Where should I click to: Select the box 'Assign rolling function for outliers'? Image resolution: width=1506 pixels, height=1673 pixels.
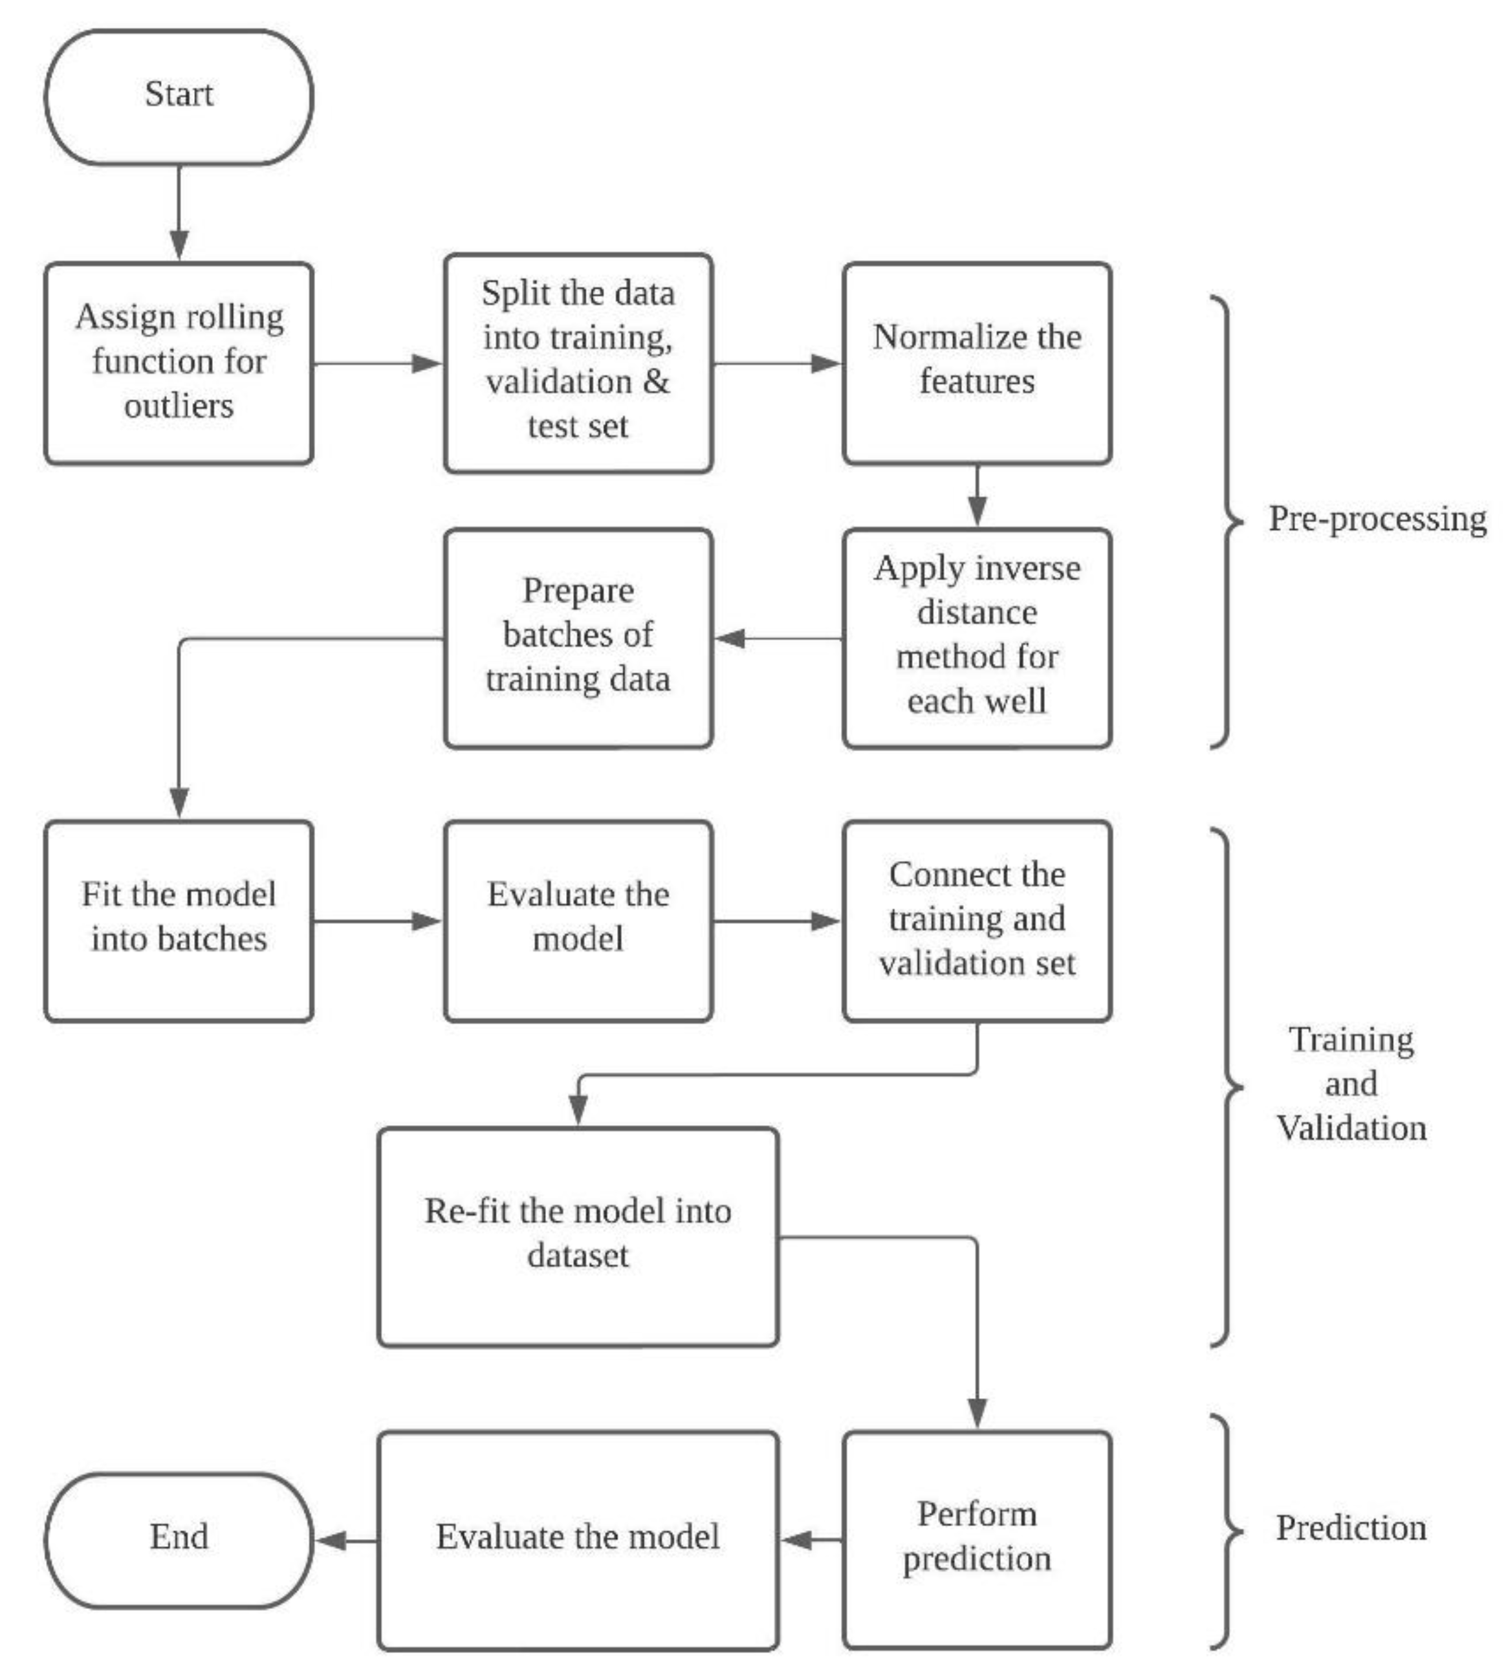(x=179, y=362)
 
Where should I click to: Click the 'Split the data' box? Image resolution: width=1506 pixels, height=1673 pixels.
(x=578, y=362)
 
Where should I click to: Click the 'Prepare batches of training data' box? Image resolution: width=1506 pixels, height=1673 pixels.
(x=578, y=637)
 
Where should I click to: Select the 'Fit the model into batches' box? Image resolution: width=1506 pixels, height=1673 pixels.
(x=179, y=919)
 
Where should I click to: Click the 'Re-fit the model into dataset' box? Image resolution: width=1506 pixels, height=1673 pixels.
(x=578, y=1234)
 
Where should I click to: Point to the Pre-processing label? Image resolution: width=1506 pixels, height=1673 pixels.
(x=1377, y=519)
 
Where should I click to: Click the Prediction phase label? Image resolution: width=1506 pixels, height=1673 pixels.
(x=1351, y=1528)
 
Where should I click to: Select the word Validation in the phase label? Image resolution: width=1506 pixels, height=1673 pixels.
(x=1351, y=1128)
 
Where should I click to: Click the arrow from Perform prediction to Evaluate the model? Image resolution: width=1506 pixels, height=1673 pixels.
(x=811, y=1540)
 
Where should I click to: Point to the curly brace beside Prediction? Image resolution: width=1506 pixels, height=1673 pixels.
(x=1227, y=1531)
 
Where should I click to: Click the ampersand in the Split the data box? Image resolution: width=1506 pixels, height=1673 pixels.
(x=656, y=382)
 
